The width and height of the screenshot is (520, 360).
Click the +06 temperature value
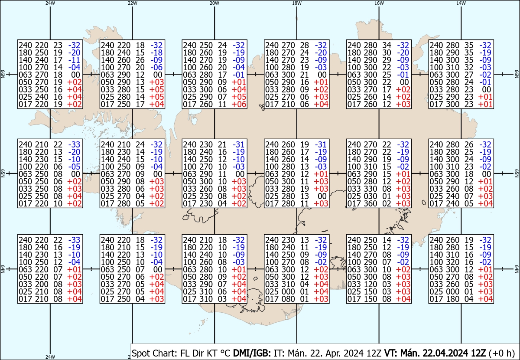238,105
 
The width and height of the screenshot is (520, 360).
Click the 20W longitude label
214,3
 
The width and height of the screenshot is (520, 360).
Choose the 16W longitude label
379,3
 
